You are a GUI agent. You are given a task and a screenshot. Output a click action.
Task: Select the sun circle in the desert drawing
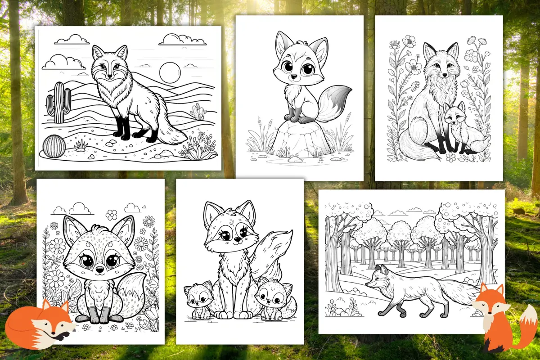coord(170,72)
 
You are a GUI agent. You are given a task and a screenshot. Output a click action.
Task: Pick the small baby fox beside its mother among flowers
coord(455,128)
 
